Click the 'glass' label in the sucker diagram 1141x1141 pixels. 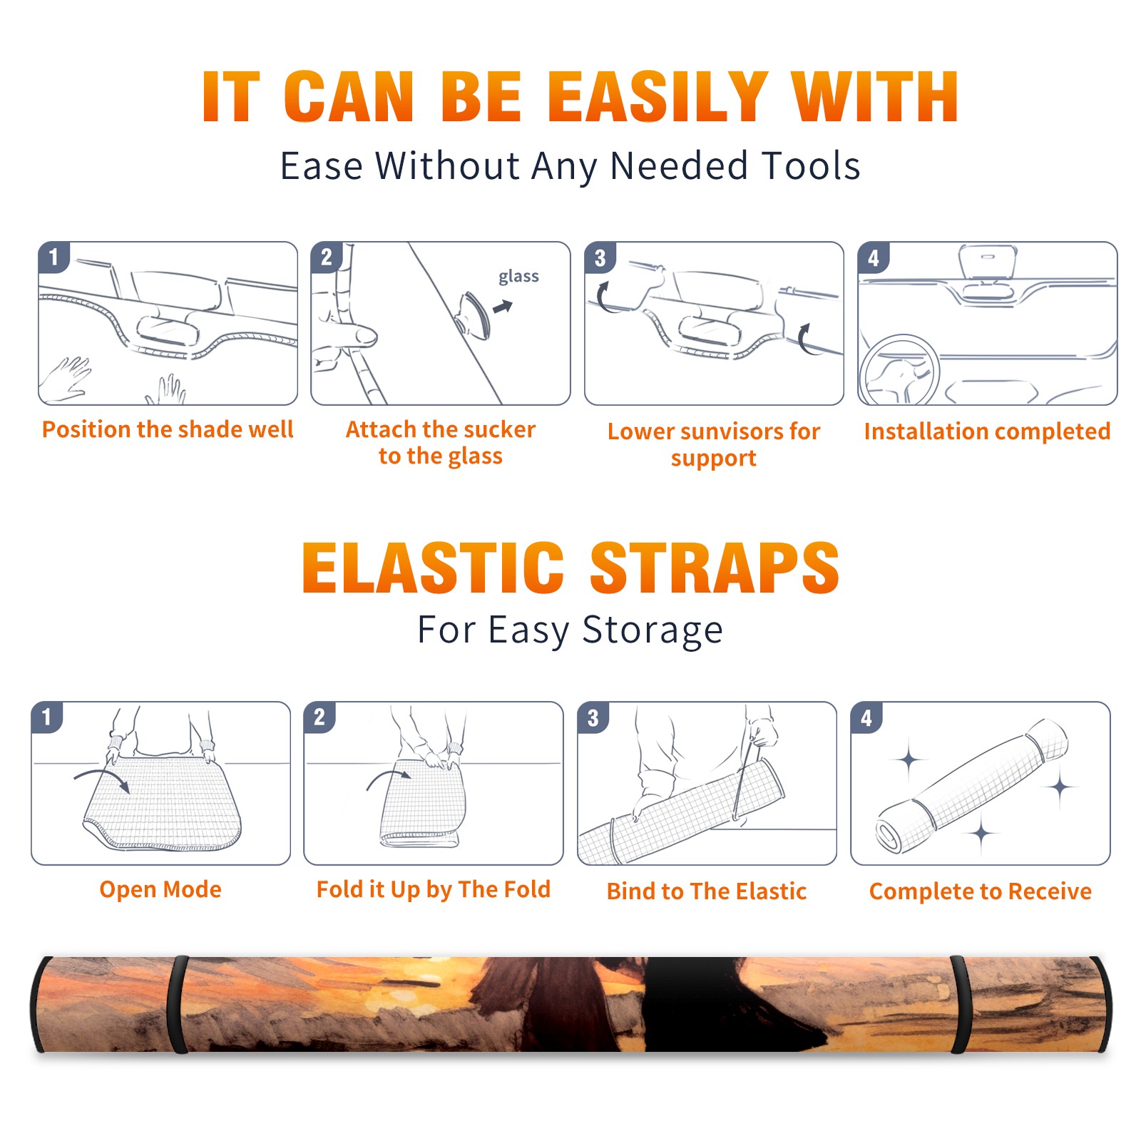[518, 277]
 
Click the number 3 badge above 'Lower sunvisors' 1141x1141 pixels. [600, 258]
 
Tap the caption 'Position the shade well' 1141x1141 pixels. [168, 429]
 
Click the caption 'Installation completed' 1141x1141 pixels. [987, 431]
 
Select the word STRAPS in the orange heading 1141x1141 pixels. [715, 568]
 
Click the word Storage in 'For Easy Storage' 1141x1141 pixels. [653, 630]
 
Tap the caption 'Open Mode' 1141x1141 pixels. [160, 889]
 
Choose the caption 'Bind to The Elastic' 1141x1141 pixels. [707, 891]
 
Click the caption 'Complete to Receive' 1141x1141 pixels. [981, 891]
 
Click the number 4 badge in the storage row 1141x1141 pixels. [866, 717]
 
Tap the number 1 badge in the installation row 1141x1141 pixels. [53, 257]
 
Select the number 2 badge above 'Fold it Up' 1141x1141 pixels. [319, 717]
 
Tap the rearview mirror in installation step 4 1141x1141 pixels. [988, 262]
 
